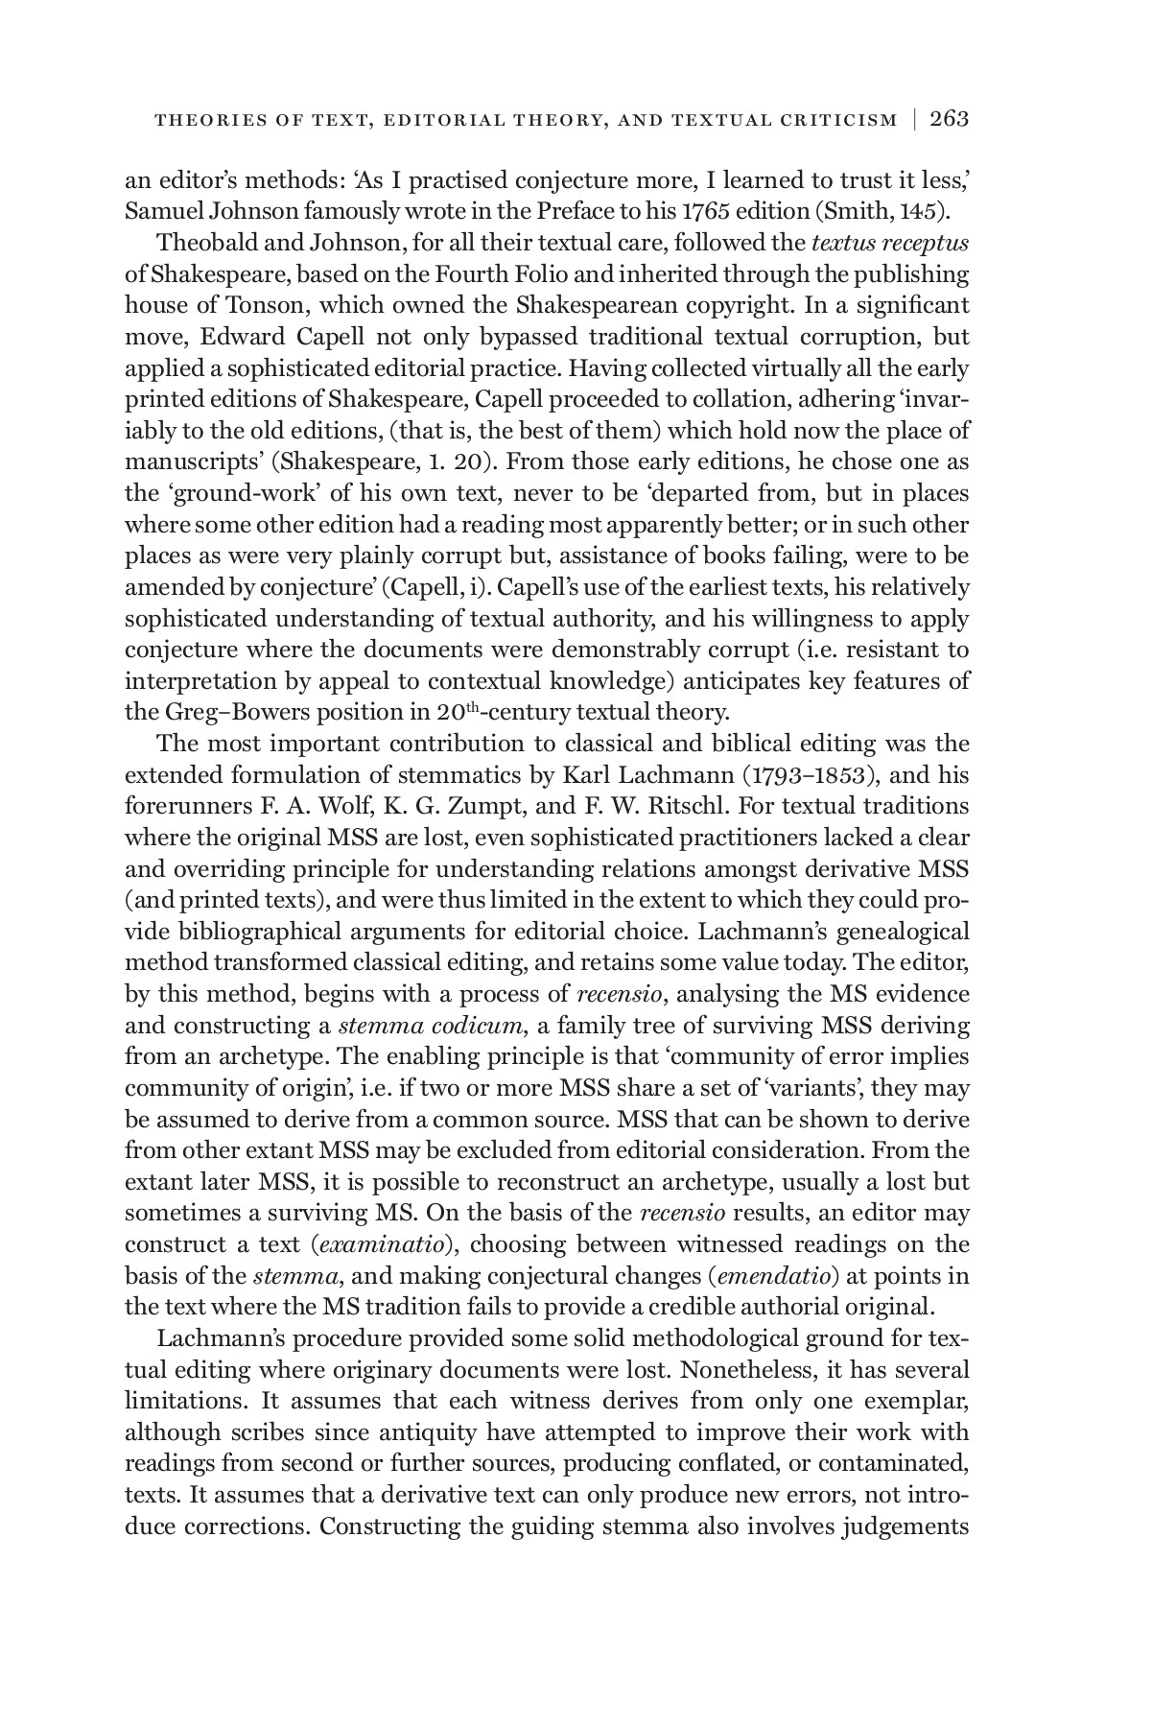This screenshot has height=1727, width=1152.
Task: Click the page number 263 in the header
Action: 949,119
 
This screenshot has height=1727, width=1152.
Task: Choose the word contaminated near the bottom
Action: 889,1463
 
